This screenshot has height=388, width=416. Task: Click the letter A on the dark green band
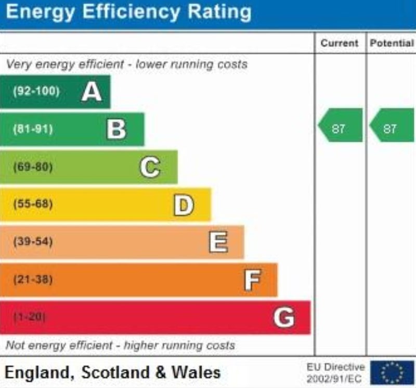click(92, 92)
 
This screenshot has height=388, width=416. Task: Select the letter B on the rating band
click(116, 130)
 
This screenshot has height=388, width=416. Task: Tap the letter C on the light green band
click(150, 167)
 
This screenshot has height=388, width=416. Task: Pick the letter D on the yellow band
click(183, 205)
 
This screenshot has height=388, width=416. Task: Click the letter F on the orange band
click(252, 280)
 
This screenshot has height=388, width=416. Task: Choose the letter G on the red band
click(284, 317)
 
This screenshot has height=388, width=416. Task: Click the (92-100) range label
click(36, 92)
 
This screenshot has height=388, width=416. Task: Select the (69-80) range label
click(33, 167)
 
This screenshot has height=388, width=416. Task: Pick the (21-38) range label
click(33, 280)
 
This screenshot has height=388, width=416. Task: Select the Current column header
click(340, 43)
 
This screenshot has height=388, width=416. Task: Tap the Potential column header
click(392, 43)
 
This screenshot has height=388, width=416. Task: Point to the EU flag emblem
click(392, 372)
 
